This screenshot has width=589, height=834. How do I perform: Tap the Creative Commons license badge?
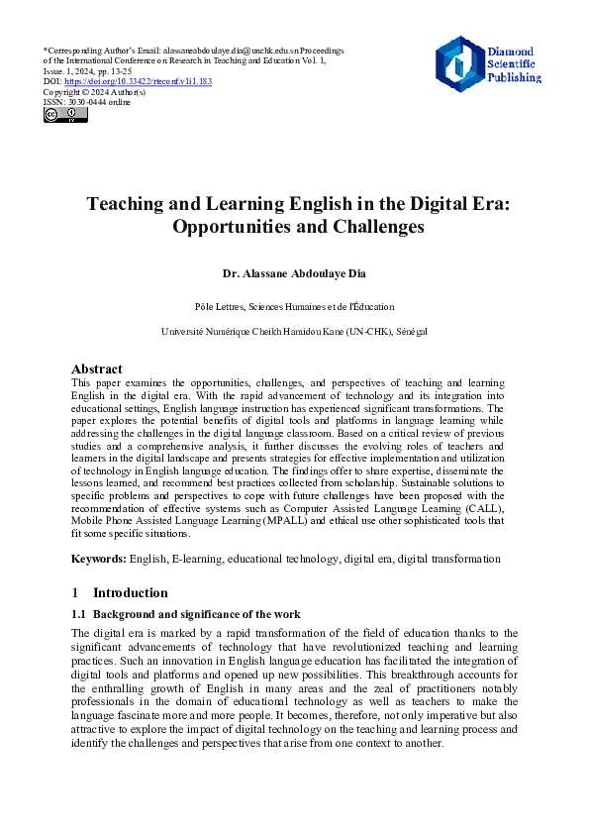(x=65, y=115)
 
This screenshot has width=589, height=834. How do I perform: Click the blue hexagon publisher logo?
(x=459, y=64)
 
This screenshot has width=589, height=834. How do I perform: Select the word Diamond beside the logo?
(x=511, y=51)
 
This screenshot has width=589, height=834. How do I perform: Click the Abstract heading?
(x=97, y=368)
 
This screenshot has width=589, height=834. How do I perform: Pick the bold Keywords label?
(x=99, y=559)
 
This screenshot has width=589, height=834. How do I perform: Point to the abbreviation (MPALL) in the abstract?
(x=283, y=520)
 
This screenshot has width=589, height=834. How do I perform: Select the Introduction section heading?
(x=130, y=592)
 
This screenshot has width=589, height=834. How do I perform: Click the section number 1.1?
(x=79, y=614)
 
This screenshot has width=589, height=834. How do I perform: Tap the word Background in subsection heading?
(x=127, y=614)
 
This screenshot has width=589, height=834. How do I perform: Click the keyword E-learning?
(x=196, y=559)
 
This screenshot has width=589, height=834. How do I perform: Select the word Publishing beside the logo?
(x=514, y=76)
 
